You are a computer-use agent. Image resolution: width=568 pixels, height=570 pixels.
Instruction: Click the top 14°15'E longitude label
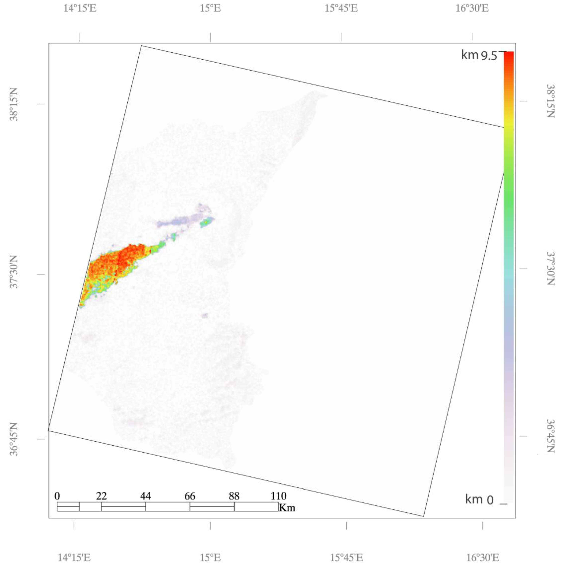(x=80, y=8)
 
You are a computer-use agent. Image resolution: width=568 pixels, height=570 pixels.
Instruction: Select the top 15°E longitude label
(x=210, y=8)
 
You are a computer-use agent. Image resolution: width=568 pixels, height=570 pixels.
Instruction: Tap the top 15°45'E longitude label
(x=341, y=8)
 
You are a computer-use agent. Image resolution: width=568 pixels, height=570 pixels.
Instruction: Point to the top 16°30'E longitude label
(x=472, y=8)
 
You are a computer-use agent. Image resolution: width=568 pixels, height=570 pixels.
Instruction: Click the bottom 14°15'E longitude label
(x=74, y=558)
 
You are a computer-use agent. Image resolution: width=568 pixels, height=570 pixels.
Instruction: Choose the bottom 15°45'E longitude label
(x=346, y=558)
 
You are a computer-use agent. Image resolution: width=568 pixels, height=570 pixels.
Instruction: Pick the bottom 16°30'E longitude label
(x=483, y=558)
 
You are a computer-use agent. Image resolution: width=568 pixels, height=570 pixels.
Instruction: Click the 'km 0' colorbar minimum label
(x=479, y=499)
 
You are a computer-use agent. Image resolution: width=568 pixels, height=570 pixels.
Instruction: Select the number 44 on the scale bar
(x=145, y=496)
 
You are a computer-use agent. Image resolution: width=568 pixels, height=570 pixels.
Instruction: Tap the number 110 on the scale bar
(x=278, y=496)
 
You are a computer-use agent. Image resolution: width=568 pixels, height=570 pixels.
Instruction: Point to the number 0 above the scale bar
(x=57, y=496)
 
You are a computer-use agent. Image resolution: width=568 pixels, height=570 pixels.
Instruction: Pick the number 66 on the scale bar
(x=190, y=496)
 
